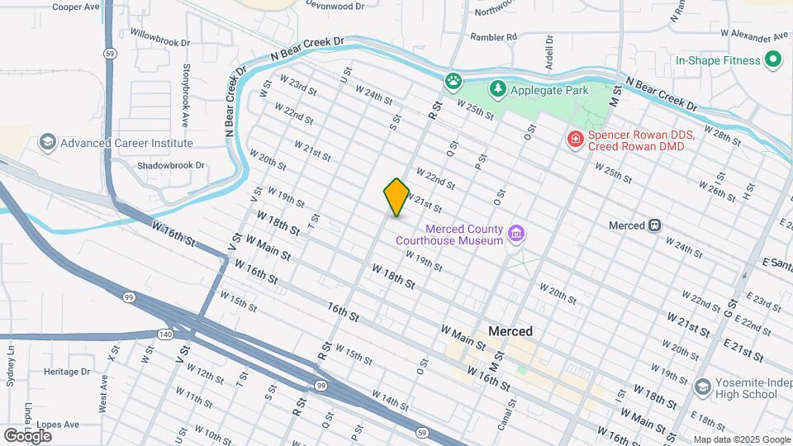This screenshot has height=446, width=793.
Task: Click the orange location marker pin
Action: [x=396, y=197]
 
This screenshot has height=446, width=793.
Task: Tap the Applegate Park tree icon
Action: [x=497, y=88]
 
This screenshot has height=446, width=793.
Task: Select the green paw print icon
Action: [x=453, y=81]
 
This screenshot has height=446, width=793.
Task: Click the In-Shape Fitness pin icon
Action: [x=773, y=60]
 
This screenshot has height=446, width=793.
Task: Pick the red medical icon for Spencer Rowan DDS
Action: [x=574, y=140]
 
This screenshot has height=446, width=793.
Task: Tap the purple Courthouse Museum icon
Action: [x=516, y=235]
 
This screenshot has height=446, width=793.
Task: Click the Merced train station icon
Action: [x=654, y=225]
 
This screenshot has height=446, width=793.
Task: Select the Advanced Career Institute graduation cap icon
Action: [x=48, y=143]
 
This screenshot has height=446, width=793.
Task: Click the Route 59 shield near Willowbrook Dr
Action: [x=109, y=53]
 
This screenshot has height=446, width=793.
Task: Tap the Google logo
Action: [x=27, y=435]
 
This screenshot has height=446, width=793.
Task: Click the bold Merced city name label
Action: [x=510, y=331]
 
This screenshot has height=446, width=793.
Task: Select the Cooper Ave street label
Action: [x=76, y=7]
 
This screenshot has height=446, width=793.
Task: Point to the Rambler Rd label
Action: [x=493, y=37]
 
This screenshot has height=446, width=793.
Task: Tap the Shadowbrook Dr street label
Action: [x=171, y=165]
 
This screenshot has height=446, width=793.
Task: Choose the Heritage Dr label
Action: [x=67, y=372]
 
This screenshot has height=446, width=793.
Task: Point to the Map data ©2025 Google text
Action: [x=740, y=439]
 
